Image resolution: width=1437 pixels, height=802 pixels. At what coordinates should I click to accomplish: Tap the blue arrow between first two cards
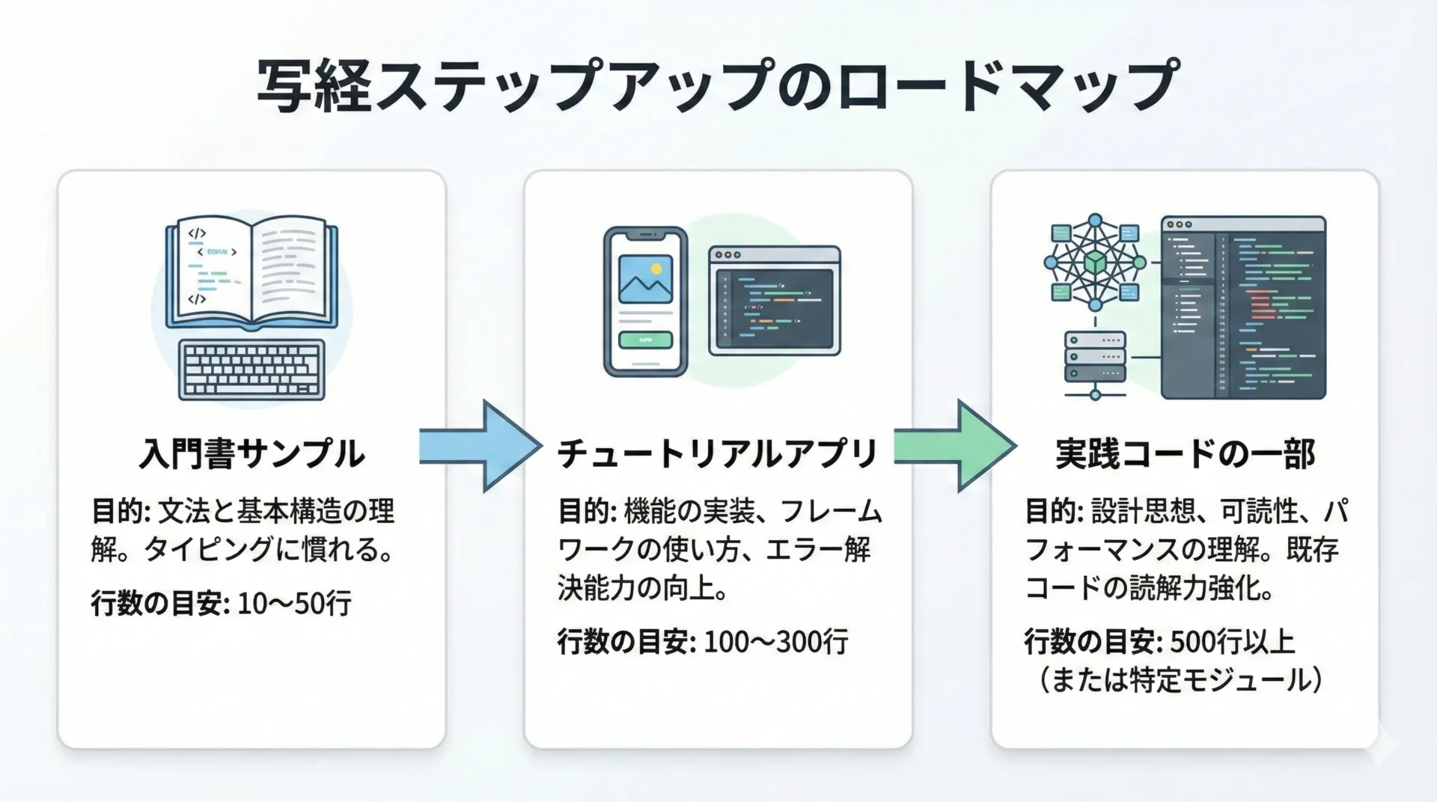point(480,446)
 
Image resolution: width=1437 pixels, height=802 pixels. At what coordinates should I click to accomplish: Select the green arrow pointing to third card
point(955,446)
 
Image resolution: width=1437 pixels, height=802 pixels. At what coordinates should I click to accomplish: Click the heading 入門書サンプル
point(251,454)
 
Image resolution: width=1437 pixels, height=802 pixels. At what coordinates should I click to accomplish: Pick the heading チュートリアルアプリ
point(717,454)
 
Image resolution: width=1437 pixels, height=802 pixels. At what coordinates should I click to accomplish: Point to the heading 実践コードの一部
point(1185,454)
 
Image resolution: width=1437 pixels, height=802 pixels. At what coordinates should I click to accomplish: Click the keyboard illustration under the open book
point(251,370)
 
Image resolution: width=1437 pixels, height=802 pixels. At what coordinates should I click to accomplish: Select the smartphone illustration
point(645,301)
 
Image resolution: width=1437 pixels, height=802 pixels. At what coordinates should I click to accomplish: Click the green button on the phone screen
point(645,340)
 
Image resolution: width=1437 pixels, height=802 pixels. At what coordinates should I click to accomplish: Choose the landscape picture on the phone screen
point(645,279)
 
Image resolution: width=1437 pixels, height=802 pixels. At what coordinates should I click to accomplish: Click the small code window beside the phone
point(774,301)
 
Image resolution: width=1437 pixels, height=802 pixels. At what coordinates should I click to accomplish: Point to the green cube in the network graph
point(1095,263)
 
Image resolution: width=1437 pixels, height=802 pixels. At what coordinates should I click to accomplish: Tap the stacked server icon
point(1095,357)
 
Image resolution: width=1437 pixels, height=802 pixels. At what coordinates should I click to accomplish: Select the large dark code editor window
point(1243,307)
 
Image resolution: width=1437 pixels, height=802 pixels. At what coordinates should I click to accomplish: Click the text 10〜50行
point(294,603)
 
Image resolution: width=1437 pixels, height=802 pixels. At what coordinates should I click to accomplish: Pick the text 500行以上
point(1231,642)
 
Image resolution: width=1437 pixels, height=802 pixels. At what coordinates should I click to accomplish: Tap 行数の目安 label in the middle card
point(626,642)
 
